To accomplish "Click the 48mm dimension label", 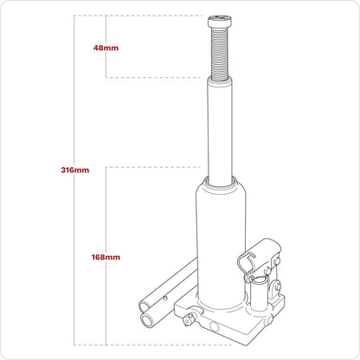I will [x=106, y=48].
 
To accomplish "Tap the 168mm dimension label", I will [x=106, y=256].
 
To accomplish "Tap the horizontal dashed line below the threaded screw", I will [x=156, y=78].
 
